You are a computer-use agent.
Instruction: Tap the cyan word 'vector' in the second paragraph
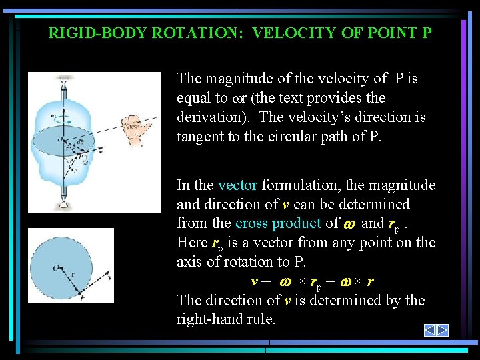237,185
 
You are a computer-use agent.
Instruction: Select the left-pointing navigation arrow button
431,330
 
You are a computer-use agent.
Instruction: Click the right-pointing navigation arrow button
442,330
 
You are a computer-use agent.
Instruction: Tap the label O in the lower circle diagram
56,267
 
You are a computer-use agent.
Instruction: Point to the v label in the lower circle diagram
109,278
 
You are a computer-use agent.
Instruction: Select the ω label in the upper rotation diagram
53,115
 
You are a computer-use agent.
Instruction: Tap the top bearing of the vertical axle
65,84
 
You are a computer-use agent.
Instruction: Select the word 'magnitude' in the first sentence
236,79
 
